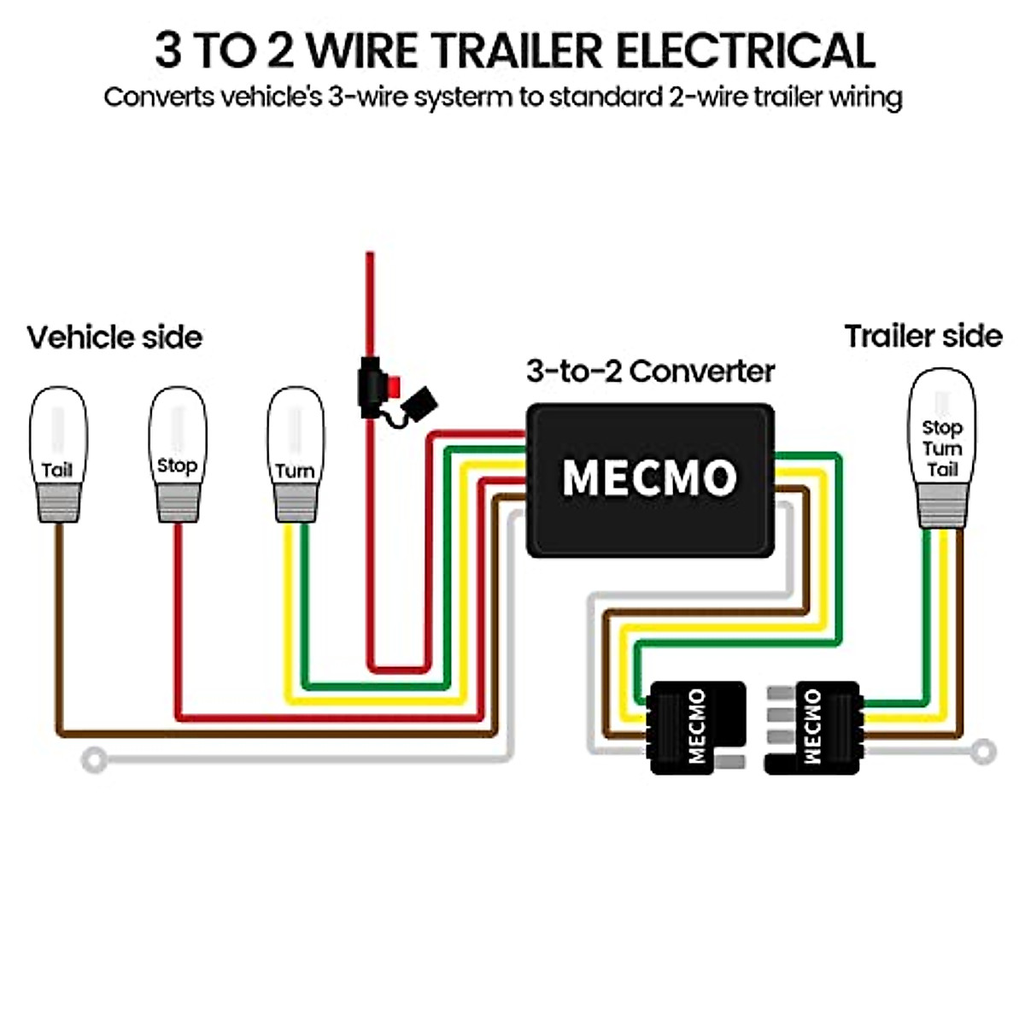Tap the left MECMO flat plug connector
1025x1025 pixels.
click(696, 727)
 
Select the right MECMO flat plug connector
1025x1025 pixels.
click(816, 727)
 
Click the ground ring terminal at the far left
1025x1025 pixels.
click(94, 758)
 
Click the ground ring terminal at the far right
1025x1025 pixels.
click(984, 752)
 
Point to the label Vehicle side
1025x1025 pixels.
click(114, 337)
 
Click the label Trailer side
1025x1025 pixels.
click(922, 336)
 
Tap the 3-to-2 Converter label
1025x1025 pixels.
click(650, 372)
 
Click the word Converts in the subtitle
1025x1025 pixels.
click(159, 97)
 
